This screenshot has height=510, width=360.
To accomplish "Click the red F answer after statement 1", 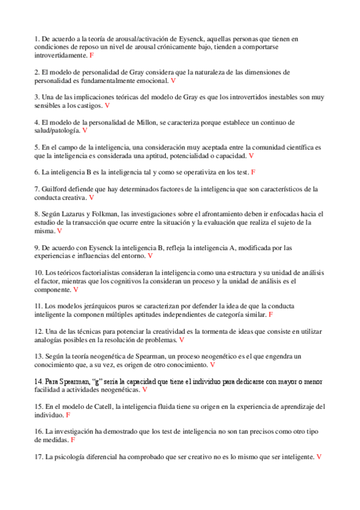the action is coord(92,55).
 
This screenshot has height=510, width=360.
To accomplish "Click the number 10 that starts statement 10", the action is coord(38,272).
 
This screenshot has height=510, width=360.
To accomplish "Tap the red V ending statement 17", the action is coord(319,456).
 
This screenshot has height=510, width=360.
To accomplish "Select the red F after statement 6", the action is coord(253,172).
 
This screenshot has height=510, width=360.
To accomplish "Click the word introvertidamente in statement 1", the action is coord(61,55).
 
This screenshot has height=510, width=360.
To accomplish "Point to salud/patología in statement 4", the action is coord(58,131).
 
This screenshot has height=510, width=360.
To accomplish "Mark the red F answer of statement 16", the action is coord(73,440).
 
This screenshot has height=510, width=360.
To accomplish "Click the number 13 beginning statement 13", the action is coord(38,356).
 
